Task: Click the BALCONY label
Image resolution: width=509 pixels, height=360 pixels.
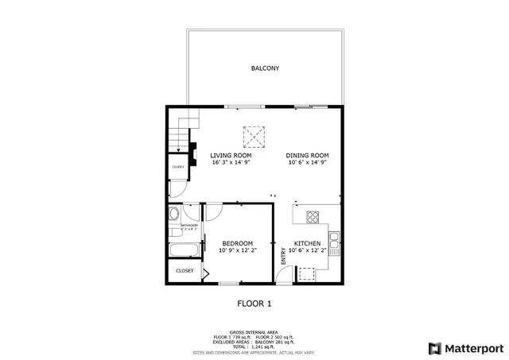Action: click(x=264, y=68)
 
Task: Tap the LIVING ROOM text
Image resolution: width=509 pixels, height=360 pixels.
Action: click(x=231, y=155)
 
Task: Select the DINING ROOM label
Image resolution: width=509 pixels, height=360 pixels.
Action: click(x=308, y=155)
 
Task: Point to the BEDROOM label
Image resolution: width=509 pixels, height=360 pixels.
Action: click(x=237, y=243)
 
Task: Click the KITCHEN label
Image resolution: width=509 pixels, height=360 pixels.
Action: click(x=307, y=243)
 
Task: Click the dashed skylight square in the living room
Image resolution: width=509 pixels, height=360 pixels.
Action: click(x=254, y=137)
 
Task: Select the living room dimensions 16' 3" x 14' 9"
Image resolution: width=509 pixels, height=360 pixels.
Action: click(x=231, y=162)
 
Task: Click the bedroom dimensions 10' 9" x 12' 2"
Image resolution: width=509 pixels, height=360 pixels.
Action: click(x=237, y=250)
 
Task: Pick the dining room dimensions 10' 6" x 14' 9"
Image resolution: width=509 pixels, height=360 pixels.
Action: click(x=308, y=162)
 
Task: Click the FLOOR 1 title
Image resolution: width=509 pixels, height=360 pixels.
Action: click(x=254, y=303)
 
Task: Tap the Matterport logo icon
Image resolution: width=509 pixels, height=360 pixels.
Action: click(x=433, y=348)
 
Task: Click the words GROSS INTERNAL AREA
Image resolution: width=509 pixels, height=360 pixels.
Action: click(x=254, y=332)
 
